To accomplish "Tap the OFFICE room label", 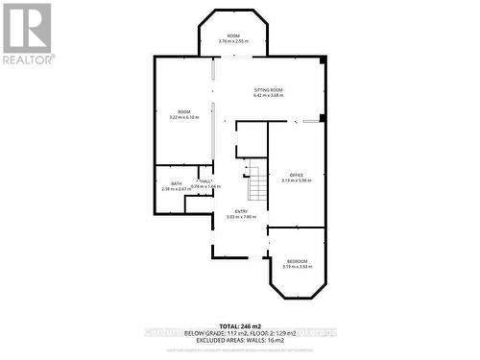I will coord(296,175).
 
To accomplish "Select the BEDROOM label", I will coord(297,261).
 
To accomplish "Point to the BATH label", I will coord(177,183).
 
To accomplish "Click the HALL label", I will coord(205,180).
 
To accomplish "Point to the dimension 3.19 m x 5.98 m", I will coord(296,180).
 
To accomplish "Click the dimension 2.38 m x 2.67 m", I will coord(177,189).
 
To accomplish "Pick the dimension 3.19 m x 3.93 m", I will coord(297,267).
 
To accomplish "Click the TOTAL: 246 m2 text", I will coord(240,325).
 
